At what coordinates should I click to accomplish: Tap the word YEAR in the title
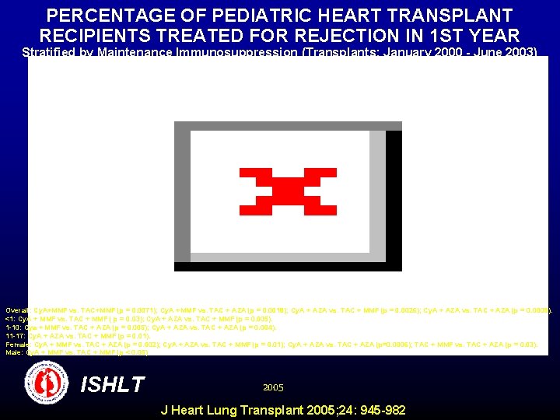493,36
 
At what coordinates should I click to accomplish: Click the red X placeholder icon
288,191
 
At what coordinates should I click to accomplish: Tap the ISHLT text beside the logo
113,384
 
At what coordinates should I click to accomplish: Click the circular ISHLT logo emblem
49,383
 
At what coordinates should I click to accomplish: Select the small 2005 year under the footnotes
273,387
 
